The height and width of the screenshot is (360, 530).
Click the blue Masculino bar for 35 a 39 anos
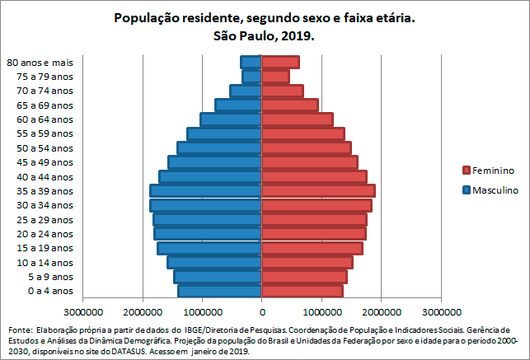(205, 191)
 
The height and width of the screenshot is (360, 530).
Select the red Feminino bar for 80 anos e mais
(280, 63)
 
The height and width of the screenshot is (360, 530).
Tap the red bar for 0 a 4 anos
(302, 291)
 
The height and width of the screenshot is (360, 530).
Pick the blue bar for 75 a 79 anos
(251, 77)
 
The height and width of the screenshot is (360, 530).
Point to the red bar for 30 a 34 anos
(317, 205)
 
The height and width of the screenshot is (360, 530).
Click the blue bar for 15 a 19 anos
(209, 248)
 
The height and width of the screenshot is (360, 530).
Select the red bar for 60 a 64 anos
(297, 119)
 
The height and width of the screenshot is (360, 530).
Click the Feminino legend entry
(493, 171)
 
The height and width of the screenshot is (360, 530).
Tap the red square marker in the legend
(466, 171)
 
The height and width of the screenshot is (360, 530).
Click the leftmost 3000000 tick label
(83, 313)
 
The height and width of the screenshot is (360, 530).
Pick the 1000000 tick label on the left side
(202, 313)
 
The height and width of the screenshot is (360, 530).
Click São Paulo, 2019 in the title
(264, 37)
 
